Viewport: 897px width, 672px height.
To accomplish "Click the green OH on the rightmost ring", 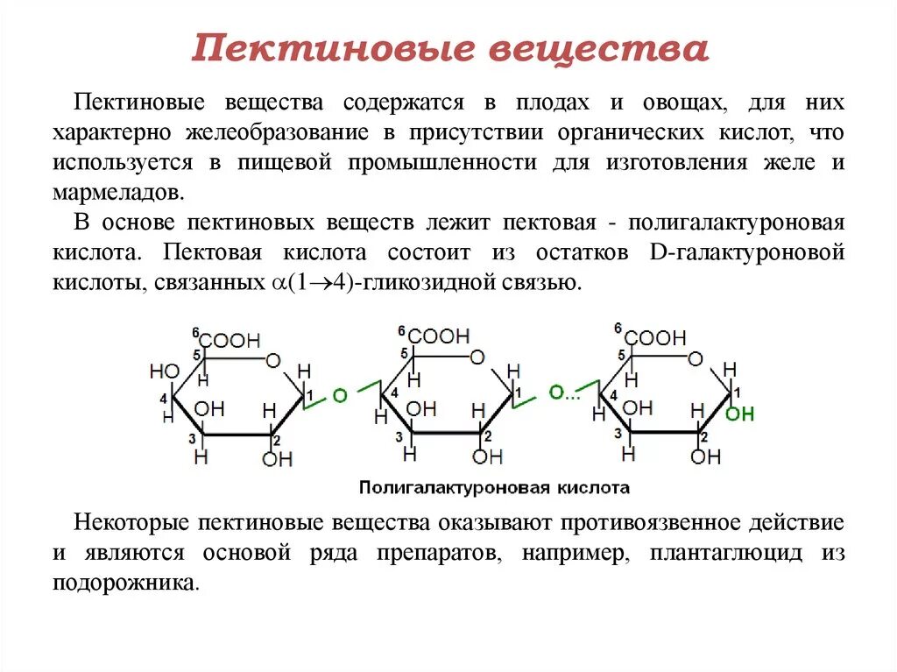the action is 739,414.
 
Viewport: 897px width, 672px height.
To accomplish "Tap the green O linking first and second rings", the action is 340,396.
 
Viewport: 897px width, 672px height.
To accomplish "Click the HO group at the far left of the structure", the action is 164,371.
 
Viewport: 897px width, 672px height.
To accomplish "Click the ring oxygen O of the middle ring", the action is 476,357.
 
